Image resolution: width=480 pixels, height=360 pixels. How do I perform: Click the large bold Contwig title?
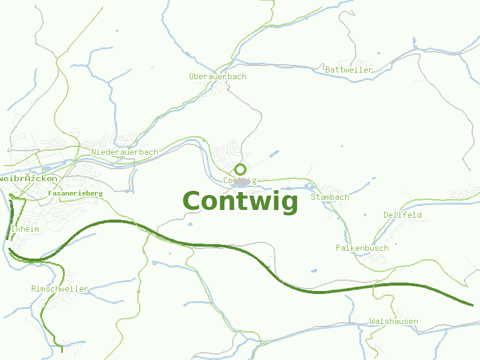tap(240, 202)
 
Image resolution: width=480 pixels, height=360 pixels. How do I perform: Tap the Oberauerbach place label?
tap(217, 77)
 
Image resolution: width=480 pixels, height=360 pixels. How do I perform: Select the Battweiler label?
tap(349, 70)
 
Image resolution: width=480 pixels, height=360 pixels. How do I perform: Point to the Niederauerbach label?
tap(125, 152)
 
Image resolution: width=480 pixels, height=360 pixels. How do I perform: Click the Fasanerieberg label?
tap(75, 194)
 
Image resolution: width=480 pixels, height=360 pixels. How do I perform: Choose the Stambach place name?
tap(329, 197)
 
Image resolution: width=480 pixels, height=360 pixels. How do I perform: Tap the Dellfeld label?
tap(402, 215)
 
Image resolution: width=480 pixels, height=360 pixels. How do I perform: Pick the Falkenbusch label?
tap(362, 248)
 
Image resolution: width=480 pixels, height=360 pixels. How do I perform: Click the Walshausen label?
tap(394, 322)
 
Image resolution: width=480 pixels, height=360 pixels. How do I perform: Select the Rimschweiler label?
tap(59, 289)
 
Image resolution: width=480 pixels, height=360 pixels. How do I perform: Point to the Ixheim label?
tap(25, 229)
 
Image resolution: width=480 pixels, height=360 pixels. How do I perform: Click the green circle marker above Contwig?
tap(240, 169)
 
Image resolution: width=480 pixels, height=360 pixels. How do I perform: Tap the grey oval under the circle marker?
tap(241, 181)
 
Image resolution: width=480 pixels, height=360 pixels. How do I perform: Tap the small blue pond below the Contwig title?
tap(190, 224)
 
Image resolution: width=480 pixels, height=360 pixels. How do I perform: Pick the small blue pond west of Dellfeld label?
tap(365, 214)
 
